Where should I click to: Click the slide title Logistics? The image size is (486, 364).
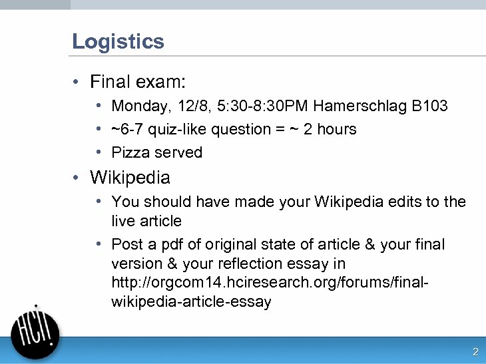[x=118, y=41]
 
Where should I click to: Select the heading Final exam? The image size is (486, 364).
[x=138, y=82]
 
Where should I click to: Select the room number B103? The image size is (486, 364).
[x=429, y=106]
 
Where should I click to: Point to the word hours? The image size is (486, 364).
[x=337, y=129]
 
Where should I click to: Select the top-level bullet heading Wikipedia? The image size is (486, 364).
[x=130, y=178]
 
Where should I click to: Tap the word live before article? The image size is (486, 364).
[x=122, y=220]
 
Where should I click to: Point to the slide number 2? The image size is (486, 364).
[x=475, y=352]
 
